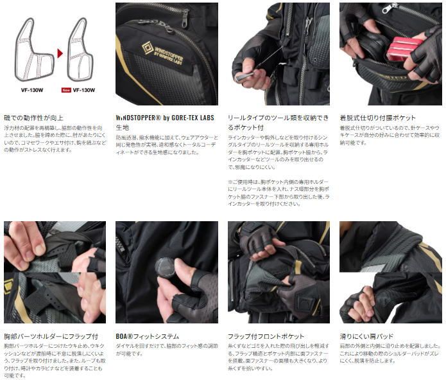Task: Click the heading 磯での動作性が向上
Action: point(33,118)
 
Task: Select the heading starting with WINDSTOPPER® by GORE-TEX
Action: point(166,118)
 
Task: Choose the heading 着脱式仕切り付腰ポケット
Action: point(377,118)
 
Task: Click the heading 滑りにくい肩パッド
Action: point(366,336)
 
